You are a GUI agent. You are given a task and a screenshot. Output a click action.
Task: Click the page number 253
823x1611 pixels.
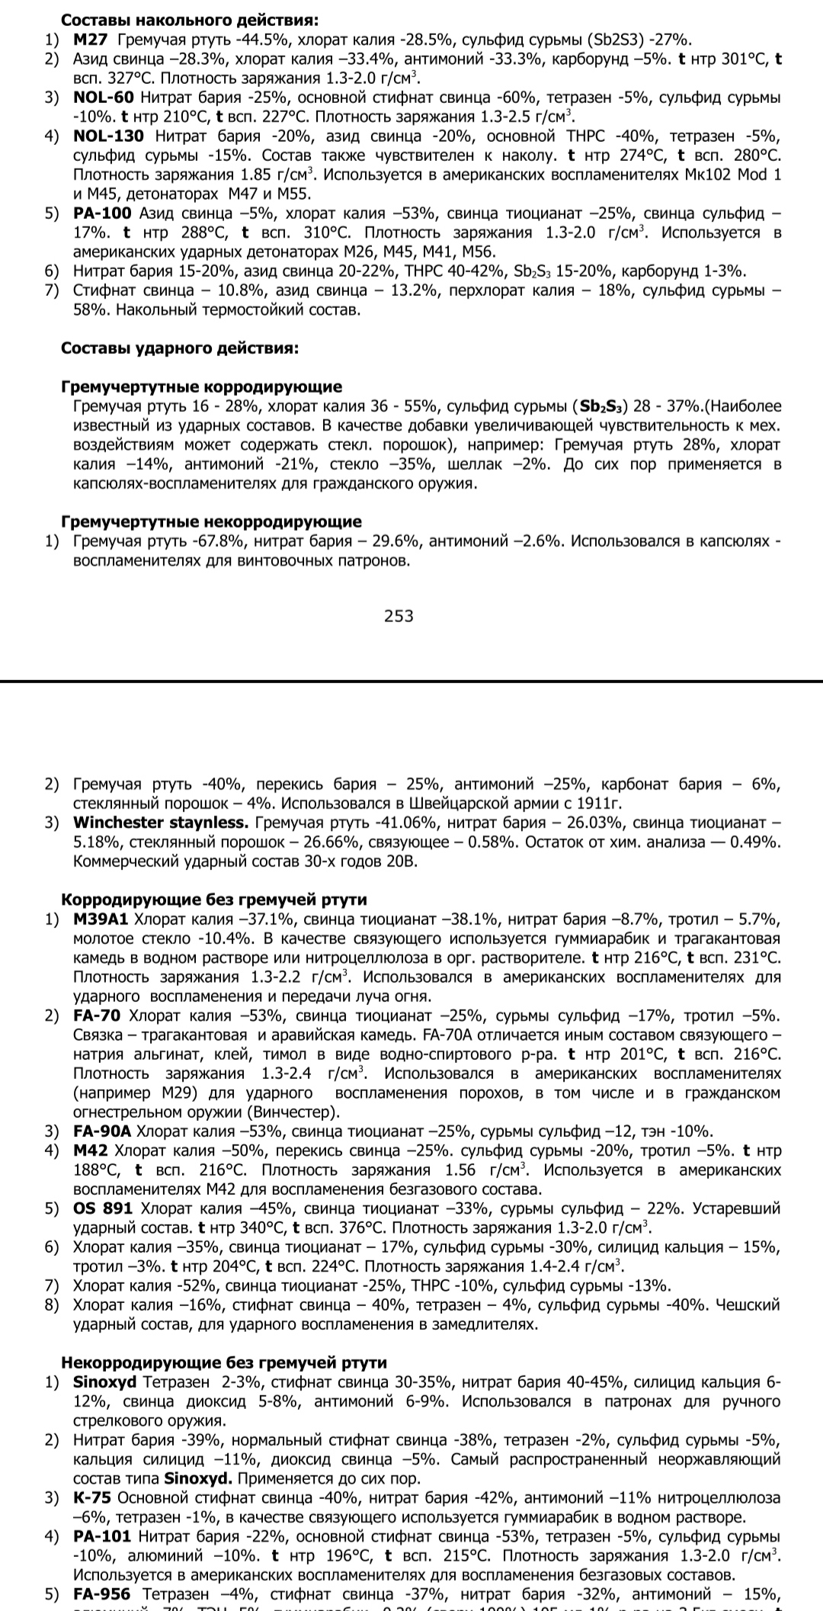(x=399, y=615)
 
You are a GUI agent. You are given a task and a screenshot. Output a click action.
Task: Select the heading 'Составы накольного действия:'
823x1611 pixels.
(x=190, y=21)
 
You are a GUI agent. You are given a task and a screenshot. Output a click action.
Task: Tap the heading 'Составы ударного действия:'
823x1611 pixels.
(x=179, y=348)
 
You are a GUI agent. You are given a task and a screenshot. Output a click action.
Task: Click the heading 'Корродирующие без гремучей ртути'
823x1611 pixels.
(x=213, y=900)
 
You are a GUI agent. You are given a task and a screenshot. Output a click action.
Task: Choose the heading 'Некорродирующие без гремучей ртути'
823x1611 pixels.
(x=223, y=1362)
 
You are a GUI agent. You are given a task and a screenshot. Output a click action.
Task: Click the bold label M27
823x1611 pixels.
(x=91, y=40)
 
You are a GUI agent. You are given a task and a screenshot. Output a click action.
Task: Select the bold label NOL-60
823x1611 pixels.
(x=104, y=98)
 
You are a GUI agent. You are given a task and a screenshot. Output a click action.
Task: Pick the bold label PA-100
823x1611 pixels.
(x=102, y=213)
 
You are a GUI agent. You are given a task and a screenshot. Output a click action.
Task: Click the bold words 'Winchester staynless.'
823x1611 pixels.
(x=161, y=823)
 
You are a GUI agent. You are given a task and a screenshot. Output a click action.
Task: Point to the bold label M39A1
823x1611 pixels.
(x=101, y=919)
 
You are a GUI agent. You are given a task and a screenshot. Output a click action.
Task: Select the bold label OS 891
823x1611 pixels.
(x=103, y=1208)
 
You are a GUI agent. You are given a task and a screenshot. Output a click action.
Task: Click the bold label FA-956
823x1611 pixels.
(x=102, y=1594)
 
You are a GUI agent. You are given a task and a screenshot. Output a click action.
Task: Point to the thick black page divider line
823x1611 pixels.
(x=411, y=681)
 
